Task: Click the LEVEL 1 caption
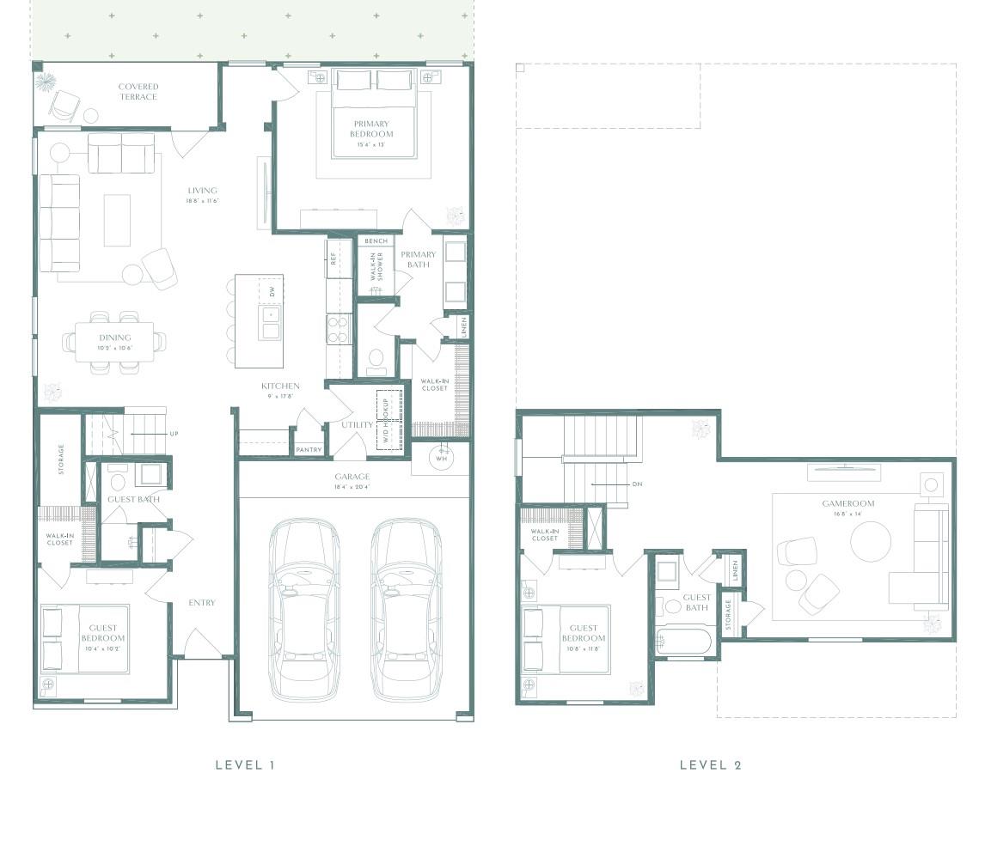click(x=245, y=764)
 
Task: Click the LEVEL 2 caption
click(x=710, y=764)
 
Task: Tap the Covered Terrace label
click(x=138, y=92)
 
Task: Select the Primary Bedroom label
click(x=371, y=130)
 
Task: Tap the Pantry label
click(x=309, y=450)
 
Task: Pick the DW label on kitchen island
click(x=272, y=292)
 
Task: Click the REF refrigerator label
click(x=333, y=259)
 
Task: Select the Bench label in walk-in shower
click(x=376, y=241)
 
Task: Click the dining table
click(x=115, y=342)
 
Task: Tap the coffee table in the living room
click(x=117, y=221)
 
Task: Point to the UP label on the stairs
click(x=174, y=434)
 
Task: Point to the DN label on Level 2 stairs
click(x=637, y=484)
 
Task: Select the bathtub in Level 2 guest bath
click(x=683, y=642)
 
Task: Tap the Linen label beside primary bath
click(x=464, y=326)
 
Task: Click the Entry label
click(x=202, y=603)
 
